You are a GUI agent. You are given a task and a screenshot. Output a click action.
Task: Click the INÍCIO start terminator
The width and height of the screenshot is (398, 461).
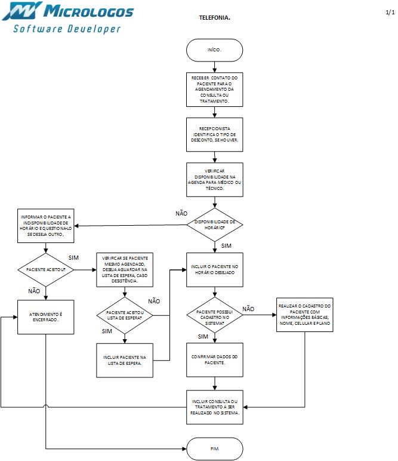pos(214,50)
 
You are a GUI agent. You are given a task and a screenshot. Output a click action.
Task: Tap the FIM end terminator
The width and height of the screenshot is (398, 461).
pos(214,448)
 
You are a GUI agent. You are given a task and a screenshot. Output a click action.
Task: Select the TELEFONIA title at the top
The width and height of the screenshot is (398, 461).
pos(214,18)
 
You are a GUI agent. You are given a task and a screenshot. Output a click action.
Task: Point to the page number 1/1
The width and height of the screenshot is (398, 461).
pos(390,12)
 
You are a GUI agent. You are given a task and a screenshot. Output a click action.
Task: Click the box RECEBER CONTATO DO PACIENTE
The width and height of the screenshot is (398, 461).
pos(214,90)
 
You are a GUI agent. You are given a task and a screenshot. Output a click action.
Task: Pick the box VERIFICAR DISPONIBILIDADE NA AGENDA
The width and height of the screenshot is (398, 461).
pos(214,180)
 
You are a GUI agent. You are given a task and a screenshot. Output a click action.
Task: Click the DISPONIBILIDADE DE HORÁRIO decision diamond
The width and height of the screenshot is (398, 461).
pos(214,225)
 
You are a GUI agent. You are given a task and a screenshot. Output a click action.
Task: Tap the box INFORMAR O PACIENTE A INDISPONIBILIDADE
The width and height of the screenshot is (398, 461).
pos(45,226)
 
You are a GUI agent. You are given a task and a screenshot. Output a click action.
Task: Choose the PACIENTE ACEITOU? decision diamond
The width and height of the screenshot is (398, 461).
pos(45,270)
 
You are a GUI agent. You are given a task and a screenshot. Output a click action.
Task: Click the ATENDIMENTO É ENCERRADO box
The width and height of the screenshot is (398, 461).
pos(45,316)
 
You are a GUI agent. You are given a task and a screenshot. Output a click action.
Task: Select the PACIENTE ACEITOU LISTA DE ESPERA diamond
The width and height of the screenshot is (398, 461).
pos(125,315)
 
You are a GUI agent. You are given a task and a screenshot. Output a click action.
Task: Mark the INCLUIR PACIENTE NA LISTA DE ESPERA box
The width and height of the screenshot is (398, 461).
pos(125,360)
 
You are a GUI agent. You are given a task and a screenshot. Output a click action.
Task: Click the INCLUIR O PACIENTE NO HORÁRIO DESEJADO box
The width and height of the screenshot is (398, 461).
pos(214,269)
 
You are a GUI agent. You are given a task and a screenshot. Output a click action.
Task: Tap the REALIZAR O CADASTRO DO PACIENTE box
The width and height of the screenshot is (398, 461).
pos(304,314)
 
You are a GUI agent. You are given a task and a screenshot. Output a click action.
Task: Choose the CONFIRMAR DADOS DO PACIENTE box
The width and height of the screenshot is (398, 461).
pos(214,359)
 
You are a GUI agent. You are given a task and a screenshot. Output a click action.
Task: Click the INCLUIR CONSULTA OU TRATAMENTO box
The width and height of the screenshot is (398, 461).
pos(214,407)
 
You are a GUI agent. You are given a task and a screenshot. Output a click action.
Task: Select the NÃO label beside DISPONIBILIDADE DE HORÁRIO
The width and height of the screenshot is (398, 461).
pos(181,213)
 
